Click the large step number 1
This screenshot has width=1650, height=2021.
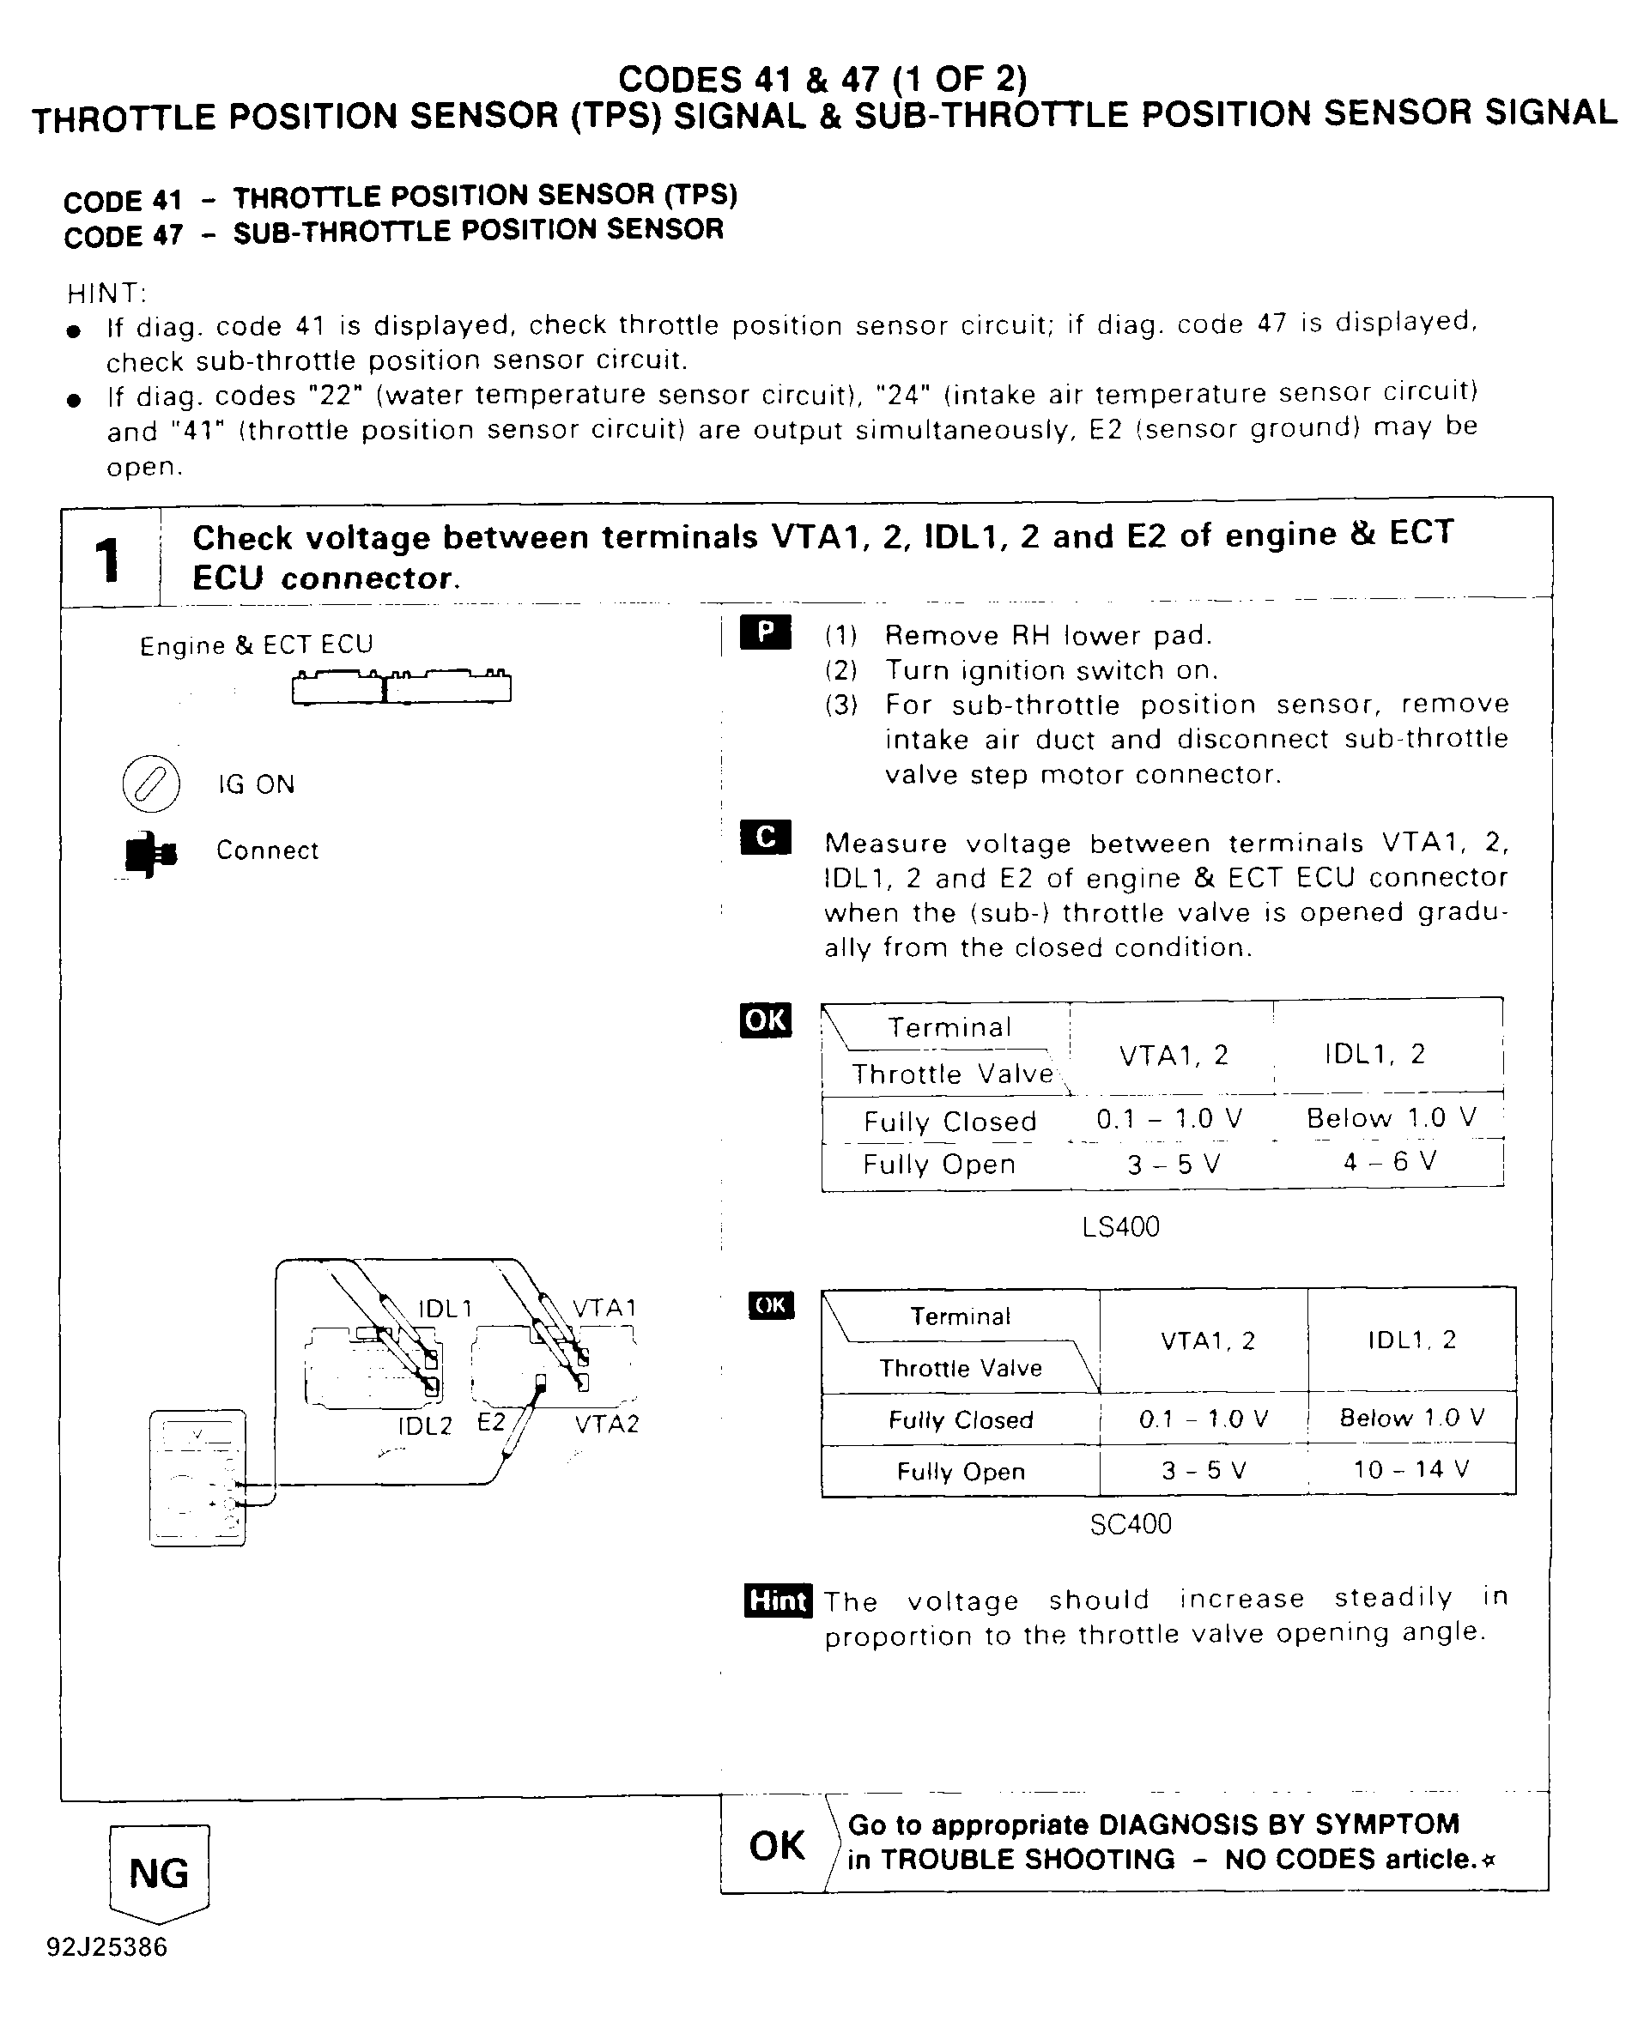coord(108,559)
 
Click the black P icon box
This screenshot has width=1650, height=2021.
coord(765,632)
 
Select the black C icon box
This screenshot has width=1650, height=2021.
coord(765,837)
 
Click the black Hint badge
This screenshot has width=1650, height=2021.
coord(778,1600)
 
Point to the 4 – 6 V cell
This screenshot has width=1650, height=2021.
coord(1389,1162)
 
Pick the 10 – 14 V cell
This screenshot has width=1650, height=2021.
coord(1410,1470)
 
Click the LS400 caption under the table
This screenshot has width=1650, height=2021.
coord(1120,1226)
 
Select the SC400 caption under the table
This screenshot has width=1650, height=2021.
coord(1130,1524)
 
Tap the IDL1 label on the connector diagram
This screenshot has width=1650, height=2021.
coord(445,1309)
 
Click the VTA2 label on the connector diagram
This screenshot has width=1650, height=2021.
coord(606,1425)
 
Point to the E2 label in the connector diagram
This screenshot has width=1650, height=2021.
coord(490,1422)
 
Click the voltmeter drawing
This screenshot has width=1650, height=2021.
coord(197,1479)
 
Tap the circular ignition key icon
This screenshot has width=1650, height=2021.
coord(151,784)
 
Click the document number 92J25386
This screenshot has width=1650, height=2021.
coord(106,1948)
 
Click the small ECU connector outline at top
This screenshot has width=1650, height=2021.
coord(401,686)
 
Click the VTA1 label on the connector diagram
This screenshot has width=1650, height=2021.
coord(604,1307)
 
